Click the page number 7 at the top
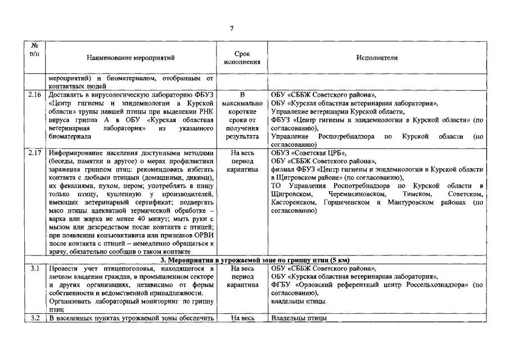click(231, 28)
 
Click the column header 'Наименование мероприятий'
click(131, 57)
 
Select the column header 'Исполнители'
click(376, 57)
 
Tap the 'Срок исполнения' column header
click(242, 57)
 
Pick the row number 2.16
click(35, 96)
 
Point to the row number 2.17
click(35, 153)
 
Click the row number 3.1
click(35, 269)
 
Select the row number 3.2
click(35, 319)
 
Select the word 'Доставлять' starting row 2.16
click(66, 96)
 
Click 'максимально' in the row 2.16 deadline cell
click(242, 104)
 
